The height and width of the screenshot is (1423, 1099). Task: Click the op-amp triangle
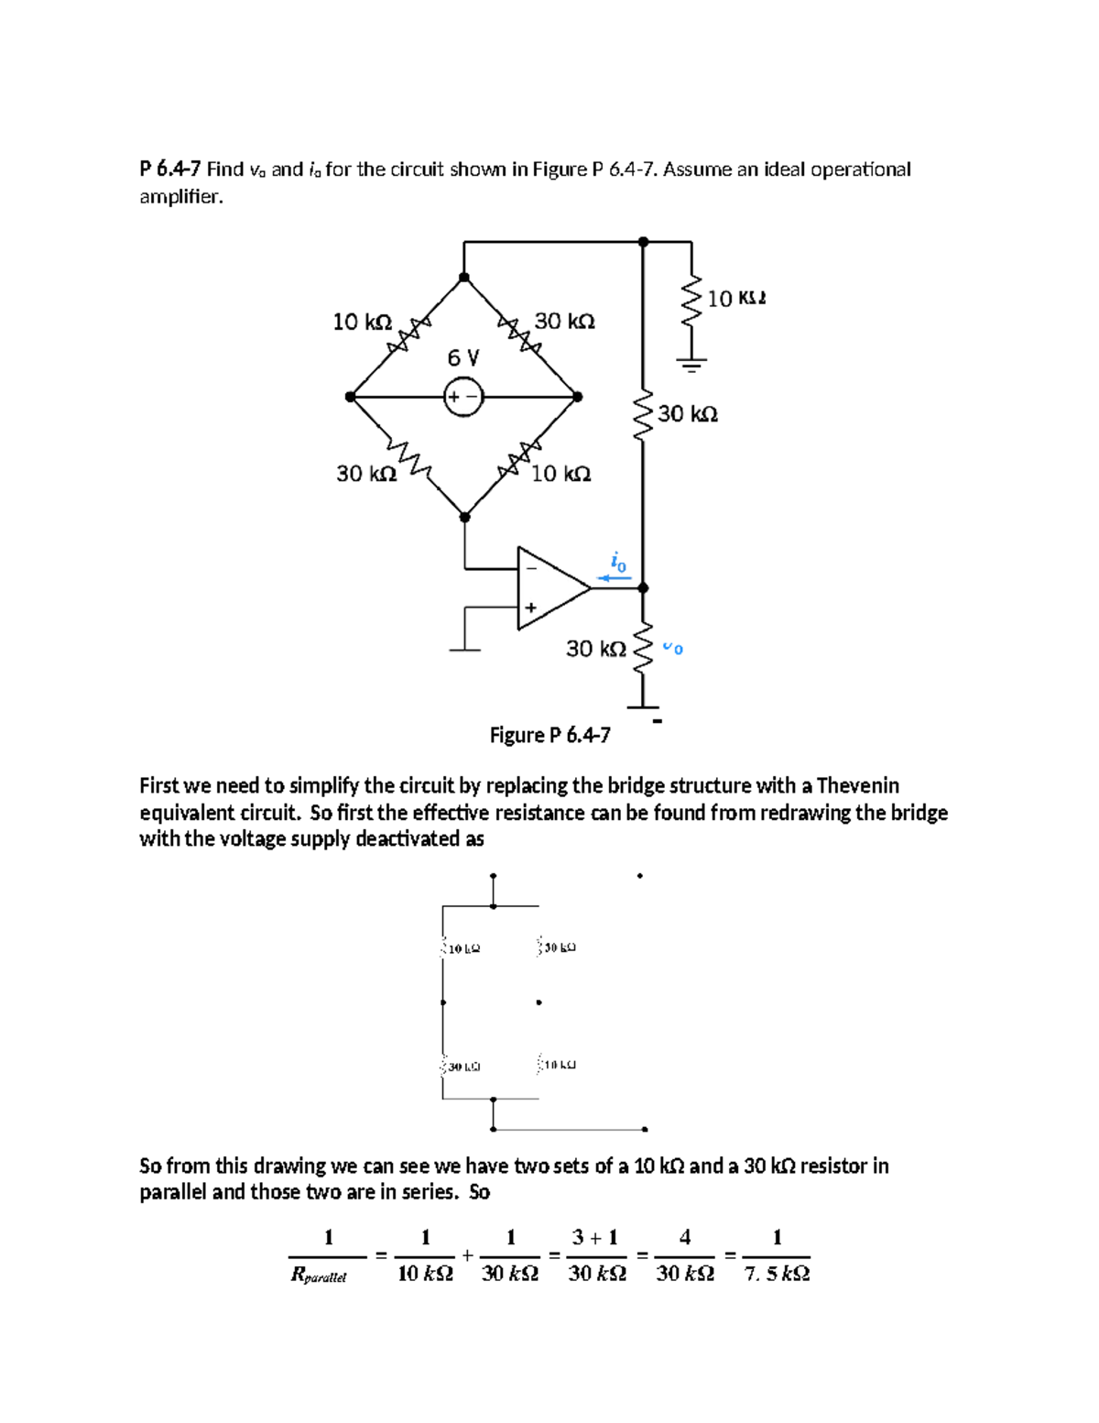[549, 588]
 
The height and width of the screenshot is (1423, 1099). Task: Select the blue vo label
[673, 648]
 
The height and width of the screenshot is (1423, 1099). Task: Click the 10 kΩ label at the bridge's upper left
[362, 322]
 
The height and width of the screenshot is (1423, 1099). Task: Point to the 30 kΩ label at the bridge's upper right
[564, 322]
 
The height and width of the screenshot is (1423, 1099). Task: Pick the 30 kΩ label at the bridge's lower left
[366, 474]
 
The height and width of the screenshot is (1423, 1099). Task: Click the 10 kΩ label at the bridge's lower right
[561, 474]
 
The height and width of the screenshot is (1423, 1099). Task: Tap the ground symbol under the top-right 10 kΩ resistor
[691, 365]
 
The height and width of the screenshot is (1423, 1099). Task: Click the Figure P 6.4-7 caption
[549, 735]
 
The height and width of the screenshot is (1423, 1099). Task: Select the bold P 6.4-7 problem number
[169, 169]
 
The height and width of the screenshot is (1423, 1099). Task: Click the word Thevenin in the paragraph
[857, 785]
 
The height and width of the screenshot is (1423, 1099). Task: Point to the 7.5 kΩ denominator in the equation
[777, 1274]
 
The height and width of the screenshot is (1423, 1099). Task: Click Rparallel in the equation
[319, 1275]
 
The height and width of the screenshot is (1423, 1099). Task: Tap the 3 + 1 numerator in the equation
[595, 1237]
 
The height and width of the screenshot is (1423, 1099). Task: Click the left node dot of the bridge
[350, 397]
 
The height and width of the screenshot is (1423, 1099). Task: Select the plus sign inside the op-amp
[530, 607]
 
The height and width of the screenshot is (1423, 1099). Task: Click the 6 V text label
[462, 356]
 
